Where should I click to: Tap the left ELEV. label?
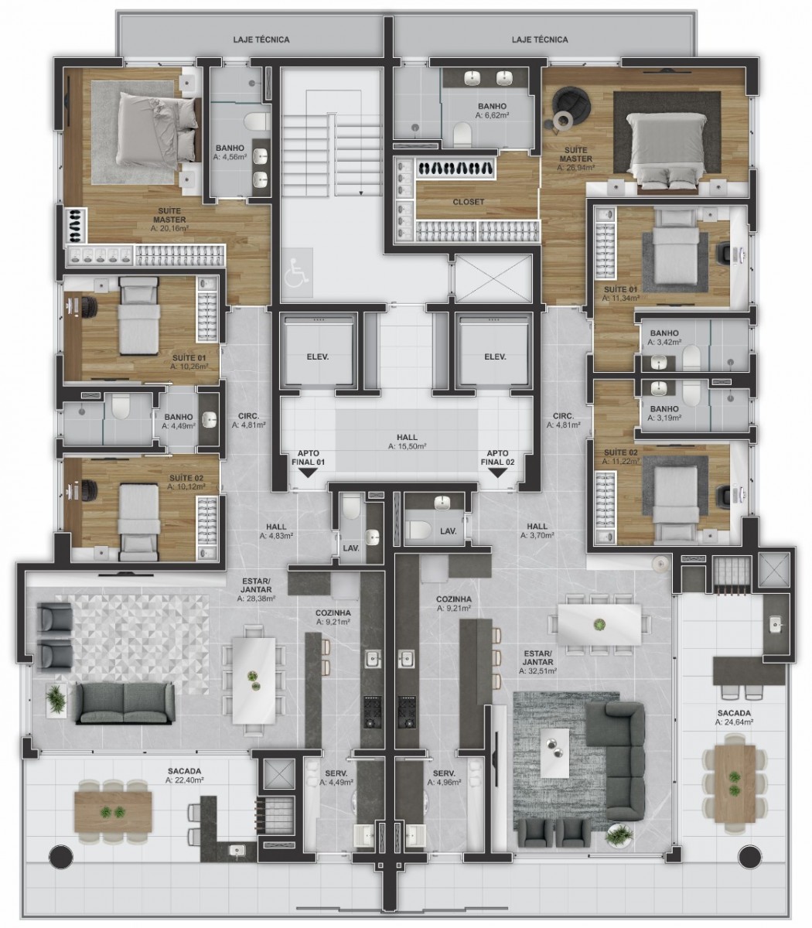pyautogui.click(x=318, y=357)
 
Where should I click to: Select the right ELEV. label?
pyautogui.click(x=495, y=357)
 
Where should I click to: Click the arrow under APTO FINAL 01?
pyautogui.click(x=309, y=473)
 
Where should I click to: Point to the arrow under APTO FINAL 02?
pyautogui.click(x=497, y=473)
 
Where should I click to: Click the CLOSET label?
pyautogui.click(x=469, y=202)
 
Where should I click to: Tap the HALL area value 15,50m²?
pyautogui.click(x=407, y=446)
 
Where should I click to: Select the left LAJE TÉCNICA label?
pyautogui.click(x=261, y=39)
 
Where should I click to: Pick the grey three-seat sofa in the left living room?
pyautogui.click(x=125, y=703)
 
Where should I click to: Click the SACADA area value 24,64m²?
pyautogui.click(x=735, y=722)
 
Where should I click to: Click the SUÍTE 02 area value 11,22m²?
pyautogui.click(x=621, y=462)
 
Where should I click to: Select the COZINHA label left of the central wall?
pyautogui.click(x=333, y=613)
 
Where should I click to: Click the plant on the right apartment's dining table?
pyautogui.click(x=599, y=625)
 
